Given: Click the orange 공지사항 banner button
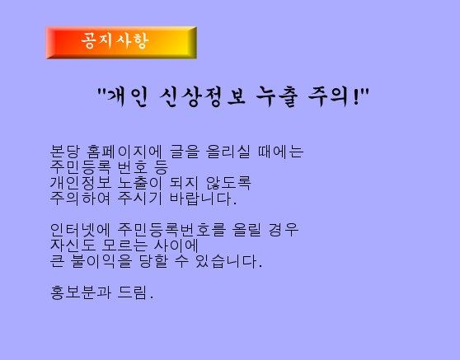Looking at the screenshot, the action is [x=121, y=43].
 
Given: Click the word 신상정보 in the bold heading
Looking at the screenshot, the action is [x=203, y=96].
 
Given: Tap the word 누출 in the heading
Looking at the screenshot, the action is [x=277, y=96].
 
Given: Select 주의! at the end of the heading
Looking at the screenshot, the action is [x=335, y=96].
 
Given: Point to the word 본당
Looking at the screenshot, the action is [x=65, y=152].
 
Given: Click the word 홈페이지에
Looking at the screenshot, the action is [x=124, y=152].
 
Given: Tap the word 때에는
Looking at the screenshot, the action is [x=280, y=152].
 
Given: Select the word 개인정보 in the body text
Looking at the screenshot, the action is [x=81, y=183].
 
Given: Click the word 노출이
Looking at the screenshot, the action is [x=139, y=183].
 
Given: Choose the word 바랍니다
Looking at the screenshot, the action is [x=203, y=199].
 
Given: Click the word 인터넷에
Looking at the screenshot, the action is [x=80, y=230].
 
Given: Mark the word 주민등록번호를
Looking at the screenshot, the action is [x=171, y=230].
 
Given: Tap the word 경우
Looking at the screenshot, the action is [x=284, y=230].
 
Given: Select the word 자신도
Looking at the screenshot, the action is [x=73, y=245].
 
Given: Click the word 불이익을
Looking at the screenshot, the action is [x=101, y=261].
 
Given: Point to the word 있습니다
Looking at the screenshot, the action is [x=228, y=261].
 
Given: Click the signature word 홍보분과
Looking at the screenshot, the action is [x=81, y=292].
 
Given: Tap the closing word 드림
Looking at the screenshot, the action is [x=135, y=292].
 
